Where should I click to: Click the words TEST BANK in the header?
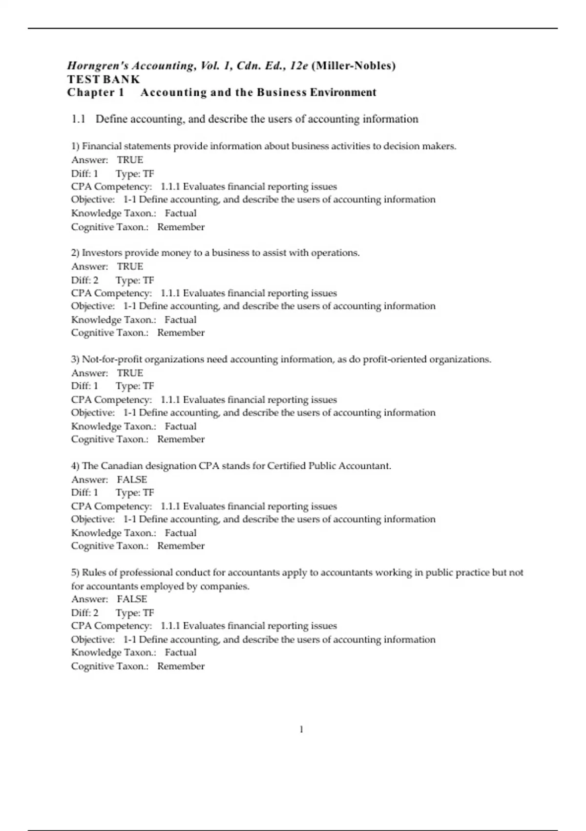(x=104, y=79)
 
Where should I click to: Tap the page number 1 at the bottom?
(x=301, y=729)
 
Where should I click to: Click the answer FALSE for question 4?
(x=132, y=480)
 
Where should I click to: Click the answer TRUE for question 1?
(x=130, y=160)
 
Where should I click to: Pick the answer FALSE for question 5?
(x=132, y=599)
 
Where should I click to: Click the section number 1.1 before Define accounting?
(x=78, y=119)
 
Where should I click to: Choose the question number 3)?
(x=75, y=359)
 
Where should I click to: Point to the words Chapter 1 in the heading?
(x=96, y=92)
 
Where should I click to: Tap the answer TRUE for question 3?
(x=130, y=373)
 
